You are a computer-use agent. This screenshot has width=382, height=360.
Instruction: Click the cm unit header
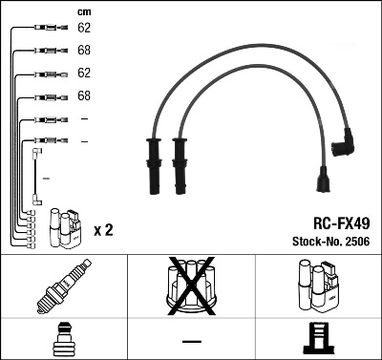[x=83, y=11]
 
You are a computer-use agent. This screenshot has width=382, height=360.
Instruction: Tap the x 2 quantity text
[x=103, y=231]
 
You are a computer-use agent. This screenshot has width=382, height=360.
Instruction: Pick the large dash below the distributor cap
[x=191, y=342]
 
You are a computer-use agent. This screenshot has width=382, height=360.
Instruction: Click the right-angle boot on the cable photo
[x=344, y=144]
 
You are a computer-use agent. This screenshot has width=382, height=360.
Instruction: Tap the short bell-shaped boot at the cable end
[x=322, y=182]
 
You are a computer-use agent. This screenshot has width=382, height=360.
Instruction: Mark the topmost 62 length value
[x=84, y=29]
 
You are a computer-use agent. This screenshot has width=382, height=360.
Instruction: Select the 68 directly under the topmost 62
[x=84, y=51]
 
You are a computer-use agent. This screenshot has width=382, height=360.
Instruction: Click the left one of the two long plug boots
[x=154, y=163]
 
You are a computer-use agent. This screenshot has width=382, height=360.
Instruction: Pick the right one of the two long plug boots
[x=179, y=163]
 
